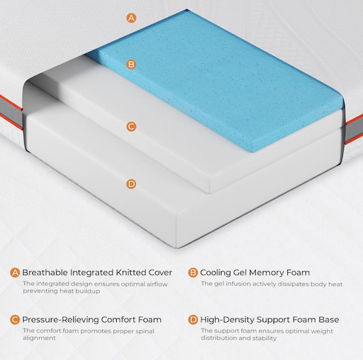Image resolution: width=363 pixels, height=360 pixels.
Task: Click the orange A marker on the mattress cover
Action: click(131, 18)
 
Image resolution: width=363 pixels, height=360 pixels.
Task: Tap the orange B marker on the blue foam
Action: click(131, 64)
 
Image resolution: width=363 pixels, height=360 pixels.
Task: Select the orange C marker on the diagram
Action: click(131, 127)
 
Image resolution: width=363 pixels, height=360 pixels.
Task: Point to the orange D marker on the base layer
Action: click(131, 184)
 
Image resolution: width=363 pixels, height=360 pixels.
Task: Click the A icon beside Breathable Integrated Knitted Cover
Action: click(15, 273)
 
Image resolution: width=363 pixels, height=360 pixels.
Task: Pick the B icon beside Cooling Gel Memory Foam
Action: click(193, 273)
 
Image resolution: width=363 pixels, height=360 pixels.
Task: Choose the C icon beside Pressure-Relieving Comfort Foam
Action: click(15, 320)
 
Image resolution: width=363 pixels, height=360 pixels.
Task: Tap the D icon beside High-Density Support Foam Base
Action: click(193, 320)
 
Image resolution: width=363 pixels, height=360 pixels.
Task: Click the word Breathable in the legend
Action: click(45, 272)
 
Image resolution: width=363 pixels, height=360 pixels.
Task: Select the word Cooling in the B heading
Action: click(215, 272)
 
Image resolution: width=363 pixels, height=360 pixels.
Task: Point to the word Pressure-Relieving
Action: click(61, 320)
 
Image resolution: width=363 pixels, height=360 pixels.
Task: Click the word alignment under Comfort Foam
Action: click(39, 338)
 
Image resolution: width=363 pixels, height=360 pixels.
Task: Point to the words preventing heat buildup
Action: click(61, 291)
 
